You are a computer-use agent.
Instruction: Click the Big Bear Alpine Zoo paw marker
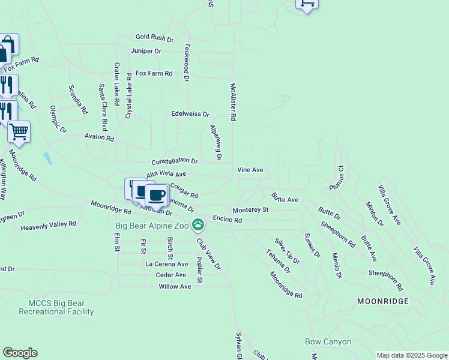click(198, 226)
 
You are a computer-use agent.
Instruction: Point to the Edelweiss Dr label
click(190, 114)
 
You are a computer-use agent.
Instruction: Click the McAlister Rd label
click(233, 103)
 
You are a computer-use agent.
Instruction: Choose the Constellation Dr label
click(174, 161)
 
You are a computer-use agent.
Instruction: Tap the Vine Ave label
click(250, 170)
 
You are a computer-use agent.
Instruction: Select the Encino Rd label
click(227, 220)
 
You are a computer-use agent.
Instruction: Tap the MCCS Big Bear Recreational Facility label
click(56, 307)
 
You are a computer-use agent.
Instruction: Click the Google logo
click(20, 353)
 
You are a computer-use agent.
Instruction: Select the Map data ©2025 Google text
click(412, 355)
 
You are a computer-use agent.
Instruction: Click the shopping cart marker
click(19, 131)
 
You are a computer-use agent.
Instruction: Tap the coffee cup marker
click(157, 194)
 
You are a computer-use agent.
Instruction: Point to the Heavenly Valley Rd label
click(48, 226)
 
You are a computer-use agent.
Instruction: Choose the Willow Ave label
click(175, 286)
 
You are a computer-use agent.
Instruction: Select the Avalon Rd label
click(99, 137)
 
